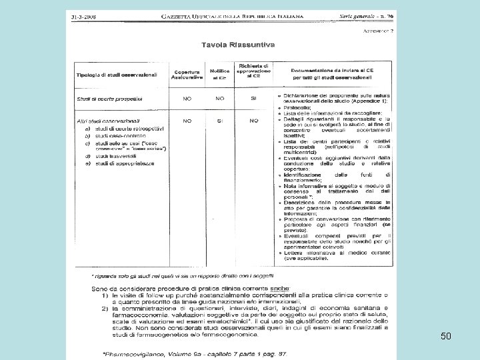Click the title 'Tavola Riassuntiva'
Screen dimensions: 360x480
pos(238,45)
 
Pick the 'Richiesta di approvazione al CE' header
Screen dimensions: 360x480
pos(253,71)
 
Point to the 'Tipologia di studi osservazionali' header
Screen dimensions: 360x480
pos(117,74)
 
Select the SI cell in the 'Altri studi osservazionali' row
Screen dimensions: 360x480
pos(219,121)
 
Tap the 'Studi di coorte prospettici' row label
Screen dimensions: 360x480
pos(109,99)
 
